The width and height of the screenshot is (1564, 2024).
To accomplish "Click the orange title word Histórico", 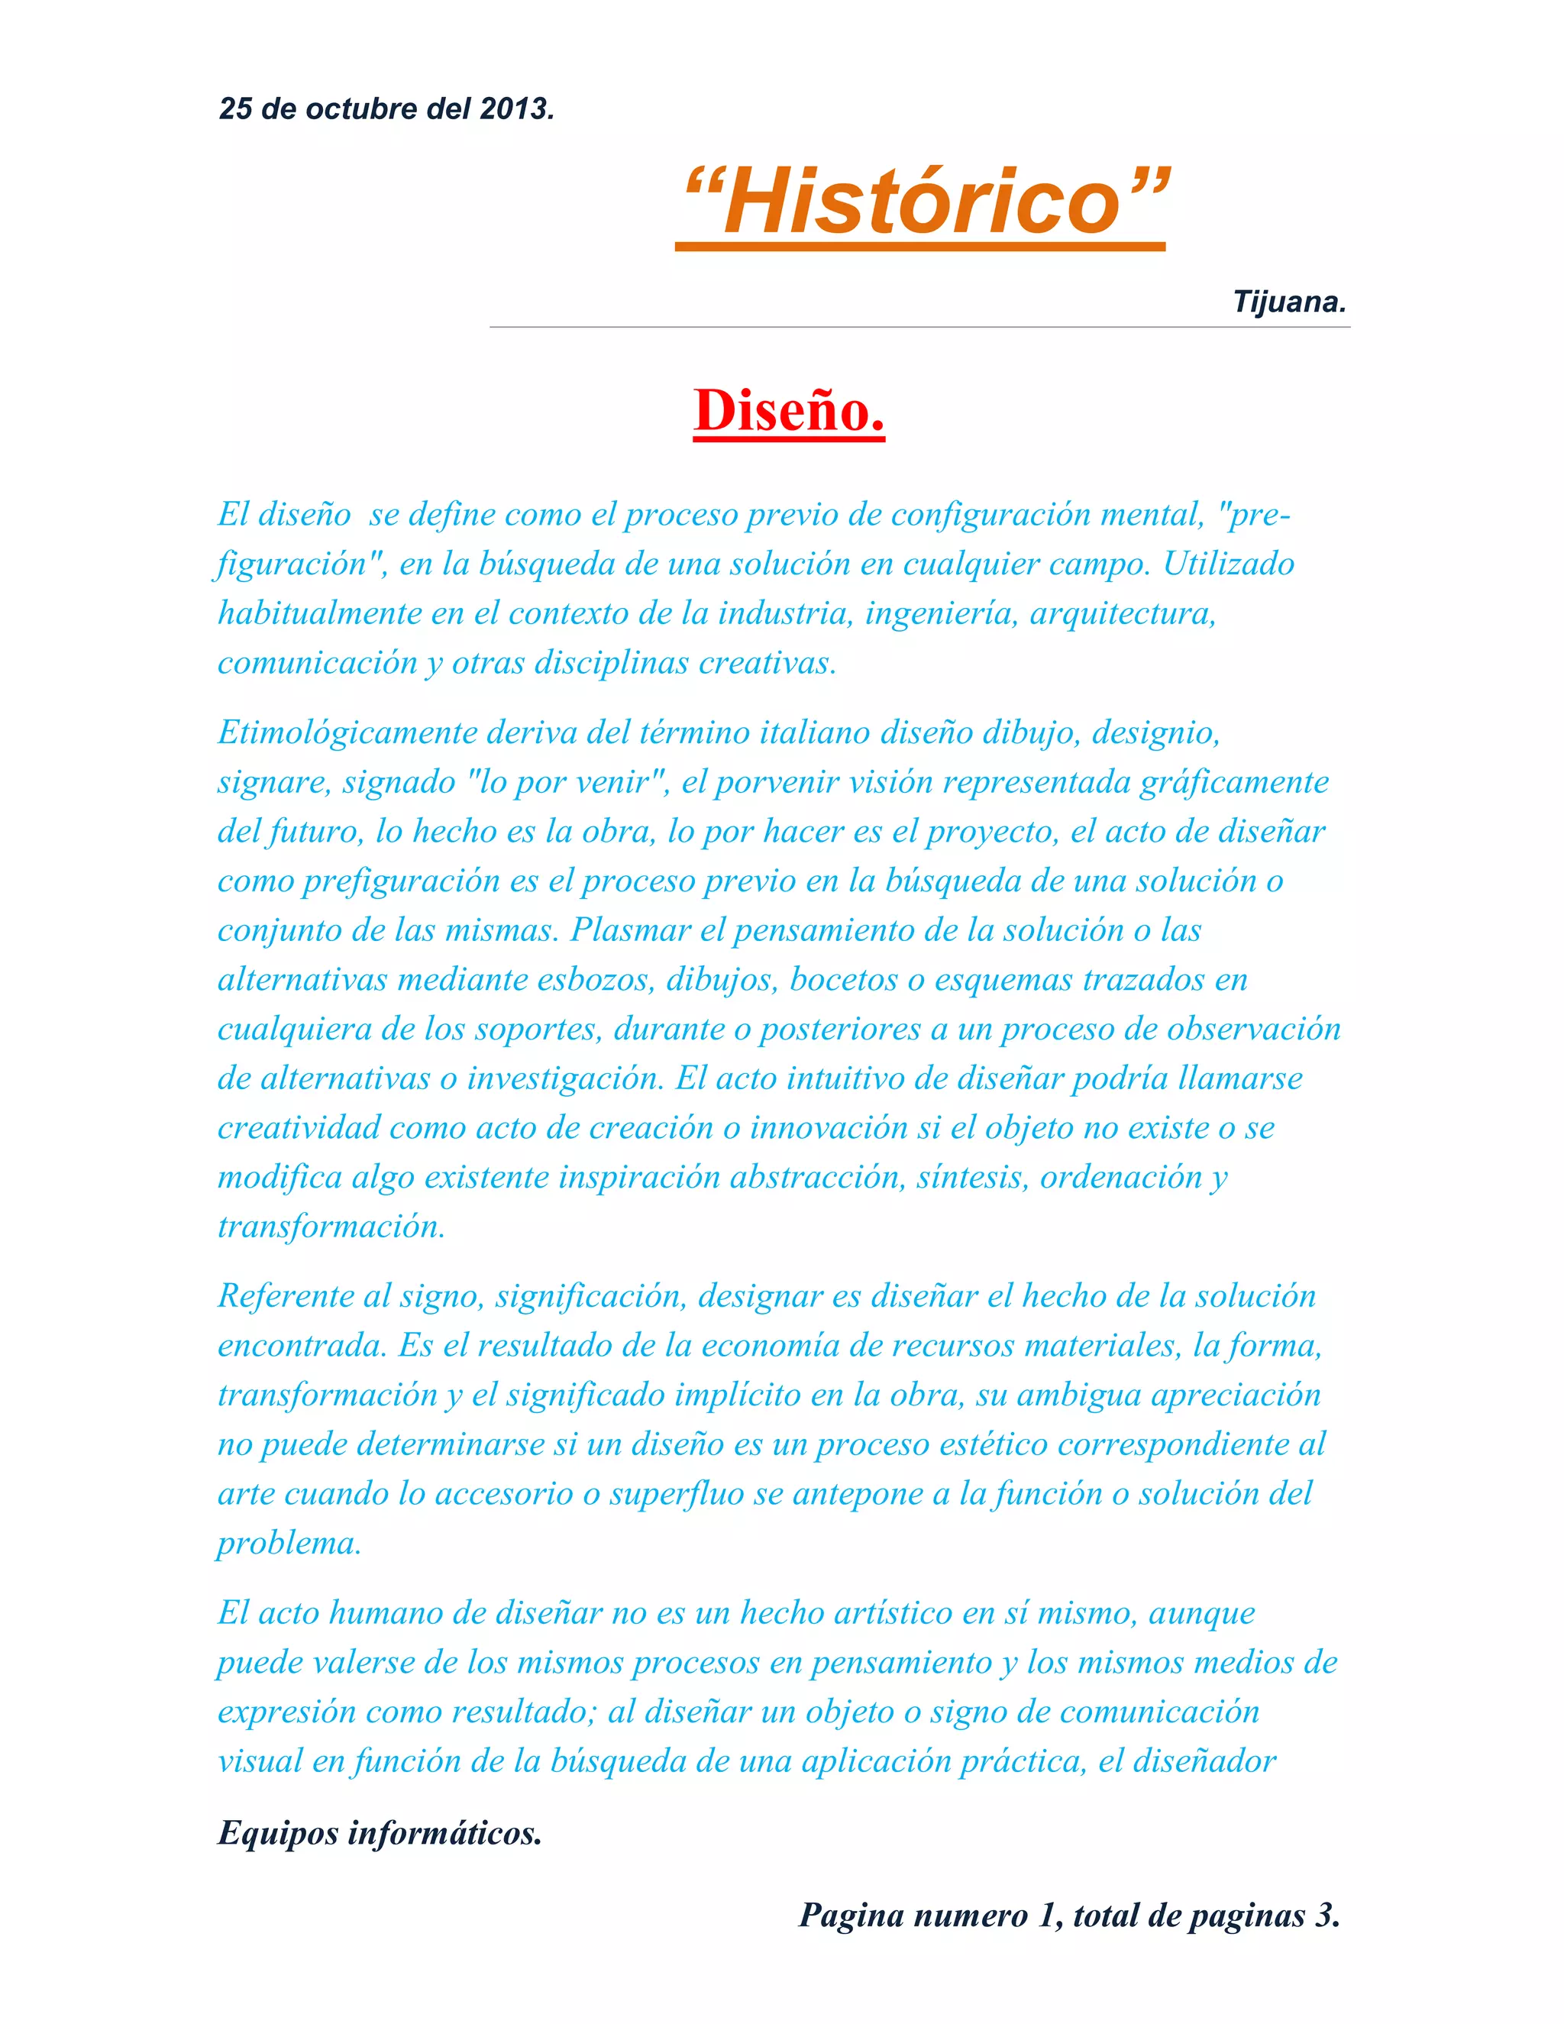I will click(925, 202).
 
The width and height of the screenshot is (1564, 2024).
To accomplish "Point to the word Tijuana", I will click(1288, 302).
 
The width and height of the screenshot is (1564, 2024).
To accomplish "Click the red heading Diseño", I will click(788, 411).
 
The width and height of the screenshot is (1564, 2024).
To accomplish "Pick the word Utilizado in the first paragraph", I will click(1228, 564).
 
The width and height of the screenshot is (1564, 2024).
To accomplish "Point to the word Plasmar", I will click(630, 930).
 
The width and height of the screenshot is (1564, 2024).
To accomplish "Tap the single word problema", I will click(288, 1543).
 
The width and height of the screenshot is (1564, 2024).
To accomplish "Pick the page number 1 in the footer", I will click(1046, 1915).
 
